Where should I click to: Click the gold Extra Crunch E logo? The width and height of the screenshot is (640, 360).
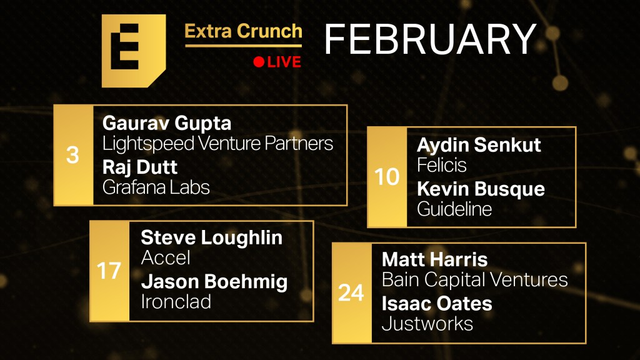[134, 51]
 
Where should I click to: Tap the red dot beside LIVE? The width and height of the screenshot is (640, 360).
[259, 62]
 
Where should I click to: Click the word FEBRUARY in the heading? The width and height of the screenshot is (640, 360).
[430, 39]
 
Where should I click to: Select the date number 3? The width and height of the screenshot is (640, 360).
[72, 155]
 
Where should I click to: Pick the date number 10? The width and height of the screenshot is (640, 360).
[387, 177]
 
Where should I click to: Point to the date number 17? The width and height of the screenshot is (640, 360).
[109, 271]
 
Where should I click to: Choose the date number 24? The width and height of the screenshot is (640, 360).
[351, 292]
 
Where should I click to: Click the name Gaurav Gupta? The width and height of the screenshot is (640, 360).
[167, 124]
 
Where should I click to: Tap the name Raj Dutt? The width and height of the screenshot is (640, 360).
[140, 167]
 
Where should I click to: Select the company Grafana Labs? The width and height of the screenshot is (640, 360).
[156, 187]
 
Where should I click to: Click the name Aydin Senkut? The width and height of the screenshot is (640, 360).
[479, 145]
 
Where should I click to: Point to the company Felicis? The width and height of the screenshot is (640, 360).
[442, 165]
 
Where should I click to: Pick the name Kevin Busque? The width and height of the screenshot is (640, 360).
[481, 189]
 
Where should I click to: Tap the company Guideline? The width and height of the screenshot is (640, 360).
[454, 209]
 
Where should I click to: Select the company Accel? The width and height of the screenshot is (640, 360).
[166, 258]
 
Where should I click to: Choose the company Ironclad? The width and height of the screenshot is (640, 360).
[176, 302]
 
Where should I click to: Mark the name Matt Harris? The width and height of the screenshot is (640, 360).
[435, 259]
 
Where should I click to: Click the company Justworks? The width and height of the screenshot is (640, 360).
[427, 324]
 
